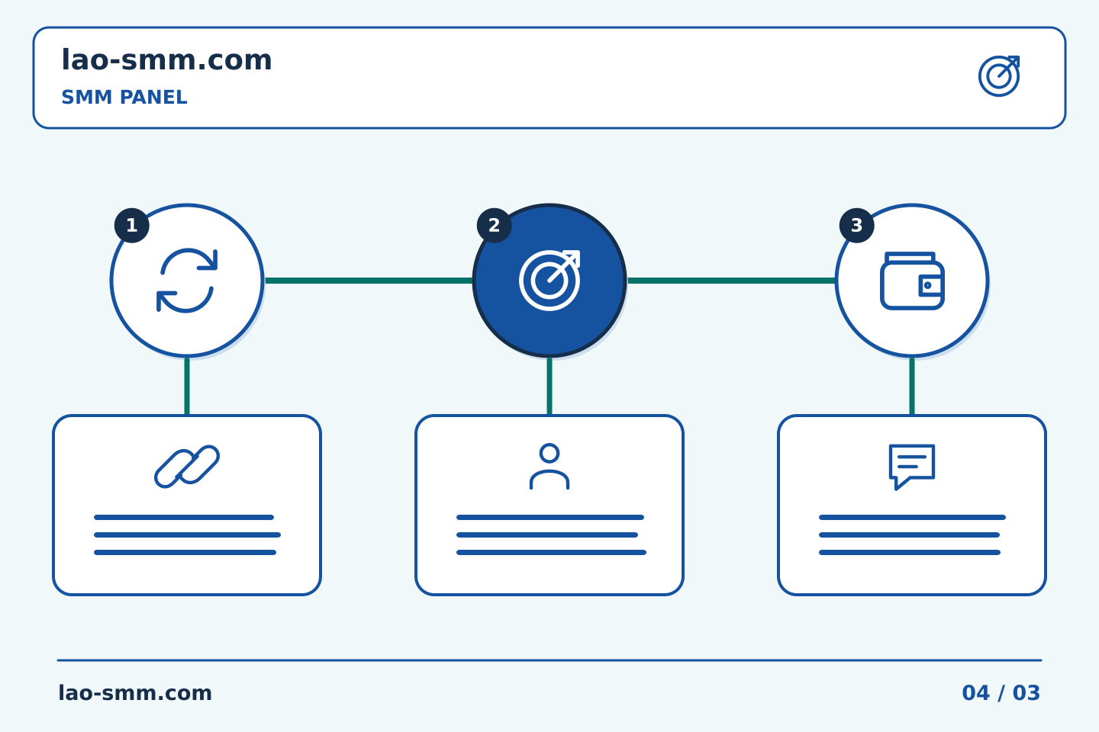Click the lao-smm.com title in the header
(x=166, y=60)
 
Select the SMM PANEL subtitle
(x=124, y=97)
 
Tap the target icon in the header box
(x=1000, y=76)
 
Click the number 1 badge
(x=131, y=226)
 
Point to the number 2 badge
(x=494, y=226)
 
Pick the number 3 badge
(x=856, y=226)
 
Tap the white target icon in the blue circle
(x=549, y=281)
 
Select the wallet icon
(x=912, y=281)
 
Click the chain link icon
(x=187, y=467)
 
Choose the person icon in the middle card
(x=549, y=467)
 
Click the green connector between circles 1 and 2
(x=369, y=281)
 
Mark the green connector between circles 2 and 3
(x=731, y=281)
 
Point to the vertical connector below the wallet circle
(x=912, y=387)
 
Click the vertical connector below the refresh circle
(x=187, y=387)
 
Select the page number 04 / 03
(x=1001, y=693)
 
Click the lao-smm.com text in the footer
(x=135, y=693)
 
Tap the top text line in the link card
(x=184, y=517)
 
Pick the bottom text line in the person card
(x=552, y=553)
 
